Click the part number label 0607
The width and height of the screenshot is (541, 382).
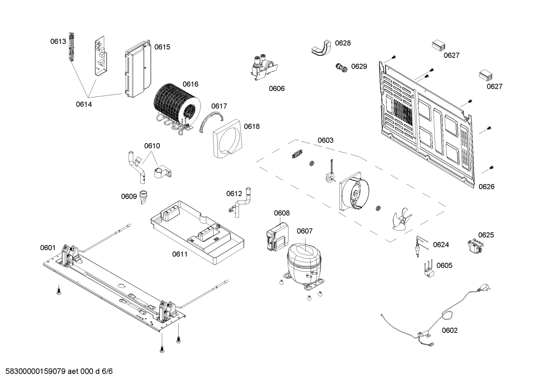tap(304, 231)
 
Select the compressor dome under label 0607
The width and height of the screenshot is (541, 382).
tap(304, 259)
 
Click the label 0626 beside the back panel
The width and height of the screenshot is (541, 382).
tap(486, 187)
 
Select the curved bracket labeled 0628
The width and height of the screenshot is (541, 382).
tap(321, 48)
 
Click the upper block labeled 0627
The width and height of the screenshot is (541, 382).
tap(439, 45)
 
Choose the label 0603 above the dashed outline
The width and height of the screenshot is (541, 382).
tap(325, 140)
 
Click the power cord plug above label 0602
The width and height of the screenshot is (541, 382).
tap(485, 288)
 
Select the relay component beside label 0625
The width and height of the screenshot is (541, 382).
tap(475, 247)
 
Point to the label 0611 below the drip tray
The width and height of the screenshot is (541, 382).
tap(180, 254)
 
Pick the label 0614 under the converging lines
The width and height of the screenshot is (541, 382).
tap(84, 104)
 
